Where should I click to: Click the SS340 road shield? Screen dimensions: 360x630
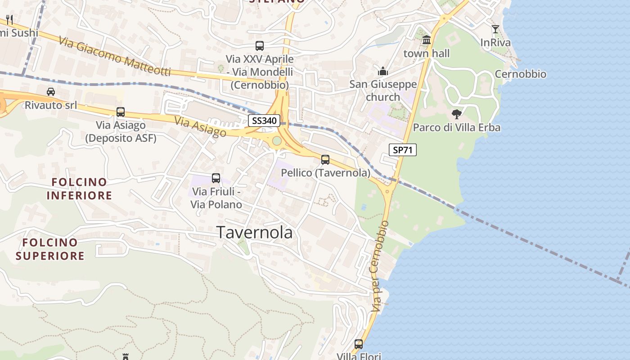(x=264, y=121)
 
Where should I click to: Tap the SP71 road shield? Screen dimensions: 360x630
(x=402, y=150)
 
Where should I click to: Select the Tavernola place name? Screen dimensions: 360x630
(x=255, y=232)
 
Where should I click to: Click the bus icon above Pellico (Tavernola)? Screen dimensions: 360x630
(x=325, y=160)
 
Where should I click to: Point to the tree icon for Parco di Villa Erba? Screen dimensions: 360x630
(x=457, y=114)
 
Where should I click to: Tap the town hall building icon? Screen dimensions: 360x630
(x=427, y=40)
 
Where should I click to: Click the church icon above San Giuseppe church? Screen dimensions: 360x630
(x=383, y=71)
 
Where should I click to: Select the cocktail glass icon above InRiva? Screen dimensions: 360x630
(x=495, y=29)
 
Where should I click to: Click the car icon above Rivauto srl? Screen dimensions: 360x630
(x=51, y=92)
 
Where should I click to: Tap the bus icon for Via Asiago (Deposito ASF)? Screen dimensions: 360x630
(x=121, y=112)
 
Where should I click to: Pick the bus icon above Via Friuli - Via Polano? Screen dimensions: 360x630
(x=216, y=178)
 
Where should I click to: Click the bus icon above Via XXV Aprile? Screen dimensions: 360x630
(x=260, y=45)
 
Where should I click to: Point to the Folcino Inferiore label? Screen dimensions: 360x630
(x=79, y=189)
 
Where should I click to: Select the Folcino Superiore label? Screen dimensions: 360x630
(x=50, y=249)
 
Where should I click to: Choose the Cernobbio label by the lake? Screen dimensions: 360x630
(x=521, y=74)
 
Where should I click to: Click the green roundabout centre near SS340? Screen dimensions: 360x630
(x=277, y=141)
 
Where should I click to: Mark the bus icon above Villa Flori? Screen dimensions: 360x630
(x=359, y=344)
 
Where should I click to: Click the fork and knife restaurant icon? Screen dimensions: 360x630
(x=9, y=20)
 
